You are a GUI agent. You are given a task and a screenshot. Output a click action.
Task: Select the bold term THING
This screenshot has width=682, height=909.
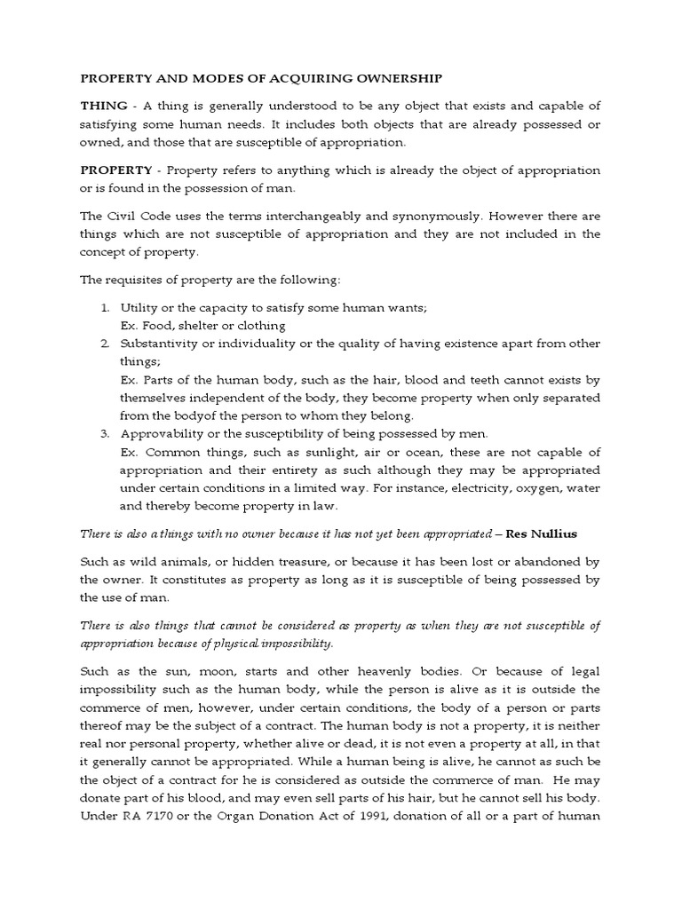[x=103, y=106]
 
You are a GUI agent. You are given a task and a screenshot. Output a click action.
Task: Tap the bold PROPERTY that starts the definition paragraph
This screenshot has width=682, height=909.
[x=116, y=170]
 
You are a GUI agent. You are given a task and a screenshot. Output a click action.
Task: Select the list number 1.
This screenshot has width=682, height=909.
[x=104, y=307]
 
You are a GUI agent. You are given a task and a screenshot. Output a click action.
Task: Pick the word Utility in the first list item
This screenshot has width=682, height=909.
[x=139, y=307]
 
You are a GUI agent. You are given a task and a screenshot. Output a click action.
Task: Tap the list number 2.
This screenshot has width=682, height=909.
[x=104, y=344]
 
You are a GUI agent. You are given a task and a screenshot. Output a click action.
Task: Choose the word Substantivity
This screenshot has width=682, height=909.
[x=163, y=344]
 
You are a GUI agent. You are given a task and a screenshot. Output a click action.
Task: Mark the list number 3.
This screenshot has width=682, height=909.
[x=104, y=433]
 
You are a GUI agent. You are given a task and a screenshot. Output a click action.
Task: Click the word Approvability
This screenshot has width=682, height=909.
[x=163, y=433]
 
